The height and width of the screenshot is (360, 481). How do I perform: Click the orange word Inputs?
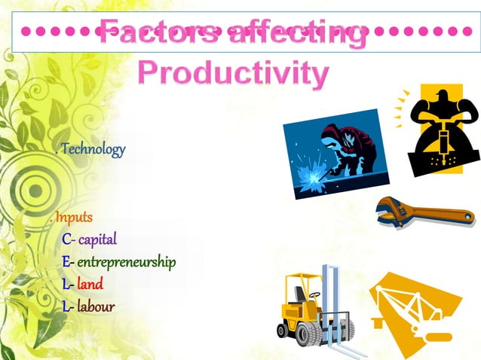[x=74, y=218]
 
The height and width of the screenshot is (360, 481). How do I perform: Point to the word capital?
[x=97, y=240]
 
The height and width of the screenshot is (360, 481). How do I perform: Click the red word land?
[x=90, y=284]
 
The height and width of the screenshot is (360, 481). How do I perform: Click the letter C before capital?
[x=66, y=240]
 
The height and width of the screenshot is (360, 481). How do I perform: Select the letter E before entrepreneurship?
[x=66, y=262]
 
